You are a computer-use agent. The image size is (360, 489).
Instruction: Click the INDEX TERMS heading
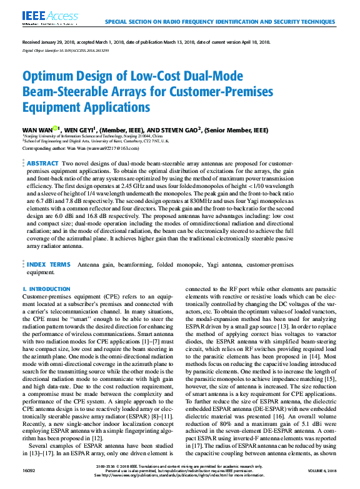click(x=49, y=265)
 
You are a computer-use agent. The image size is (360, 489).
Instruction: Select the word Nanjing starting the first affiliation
click(x=33, y=136)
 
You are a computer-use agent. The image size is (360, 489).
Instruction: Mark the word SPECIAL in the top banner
click(x=119, y=21)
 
